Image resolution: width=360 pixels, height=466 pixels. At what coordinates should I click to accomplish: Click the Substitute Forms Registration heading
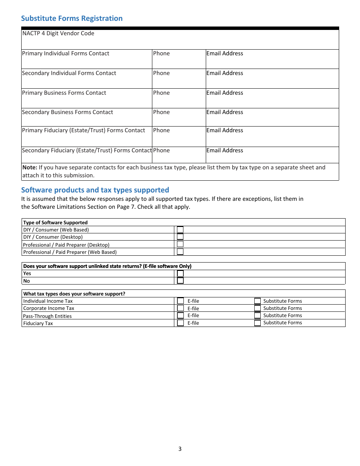click(x=72, y=18)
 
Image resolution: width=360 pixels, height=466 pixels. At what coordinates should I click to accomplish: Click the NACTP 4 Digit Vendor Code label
click(x=58, y=33)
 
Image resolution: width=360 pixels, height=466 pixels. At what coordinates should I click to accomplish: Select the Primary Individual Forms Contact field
click(x=86, y=59)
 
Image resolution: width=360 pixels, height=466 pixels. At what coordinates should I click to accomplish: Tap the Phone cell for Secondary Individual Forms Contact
click(x=178, y=78)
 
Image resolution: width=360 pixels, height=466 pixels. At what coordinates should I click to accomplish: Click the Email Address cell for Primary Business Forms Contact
click(x=272, y=98)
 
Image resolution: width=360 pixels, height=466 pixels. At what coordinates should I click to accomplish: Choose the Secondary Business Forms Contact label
click(x=67, y=112)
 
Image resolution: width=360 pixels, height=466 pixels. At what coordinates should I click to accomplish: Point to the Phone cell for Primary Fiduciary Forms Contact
click(x=178, y=136)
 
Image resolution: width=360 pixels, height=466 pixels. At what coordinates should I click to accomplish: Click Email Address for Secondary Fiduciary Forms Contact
click(x=272, y=155)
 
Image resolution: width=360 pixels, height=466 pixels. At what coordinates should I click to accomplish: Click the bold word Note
click(x=30, y=167)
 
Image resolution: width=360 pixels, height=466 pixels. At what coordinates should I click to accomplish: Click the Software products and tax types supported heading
click(x=95, y=190)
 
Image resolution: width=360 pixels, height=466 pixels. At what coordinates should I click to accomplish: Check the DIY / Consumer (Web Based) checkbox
click(x=180, y=230)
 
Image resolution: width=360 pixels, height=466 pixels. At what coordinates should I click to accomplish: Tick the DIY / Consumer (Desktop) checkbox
click(x=180, y=237)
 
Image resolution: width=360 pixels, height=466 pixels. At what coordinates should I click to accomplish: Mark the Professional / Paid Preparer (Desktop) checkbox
click(x=180, y=244)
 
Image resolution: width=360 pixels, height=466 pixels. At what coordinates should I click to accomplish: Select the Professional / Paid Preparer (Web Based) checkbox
click(x=180, y=252)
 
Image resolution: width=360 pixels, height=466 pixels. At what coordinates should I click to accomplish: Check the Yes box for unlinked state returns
click(x=180, y=273)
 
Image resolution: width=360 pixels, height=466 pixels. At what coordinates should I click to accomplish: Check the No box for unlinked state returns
click(x=180, y=281)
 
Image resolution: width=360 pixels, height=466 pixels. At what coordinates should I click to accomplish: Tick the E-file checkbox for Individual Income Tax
click(x=181, y=301)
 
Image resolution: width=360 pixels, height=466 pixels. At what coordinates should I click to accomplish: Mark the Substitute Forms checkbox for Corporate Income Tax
click(x=257, y=308)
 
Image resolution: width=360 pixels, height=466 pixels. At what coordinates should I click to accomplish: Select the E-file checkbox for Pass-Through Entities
click(x=181, y=315)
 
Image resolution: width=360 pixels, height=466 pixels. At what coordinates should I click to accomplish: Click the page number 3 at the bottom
click(x=180, y=449)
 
